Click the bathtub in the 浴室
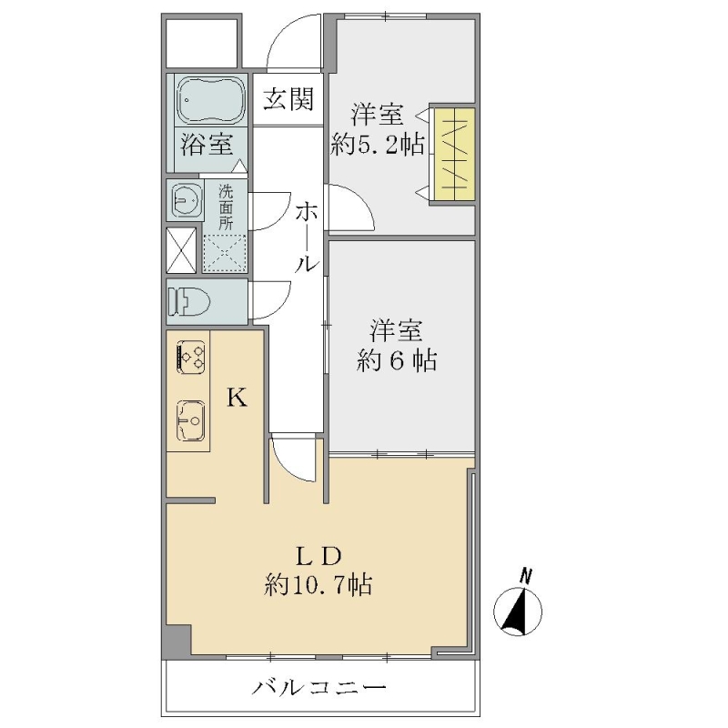coord(212,100)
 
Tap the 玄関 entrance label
coord(288,99)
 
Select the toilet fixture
coord(188,301)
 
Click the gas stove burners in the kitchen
coord(190,357)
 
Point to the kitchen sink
coord(190,420)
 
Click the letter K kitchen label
coord(237,398)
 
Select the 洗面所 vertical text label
coord(226,207)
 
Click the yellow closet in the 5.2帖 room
coord(454,155)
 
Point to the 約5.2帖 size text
coord(378,146)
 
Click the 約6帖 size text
coord(397,360)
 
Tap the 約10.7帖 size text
coord(318,585)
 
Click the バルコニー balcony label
coord(318,687)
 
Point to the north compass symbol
coord(517,611)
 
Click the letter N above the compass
coord(526,576)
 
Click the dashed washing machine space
coord(225,253)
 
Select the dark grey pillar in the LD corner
coord(177,642)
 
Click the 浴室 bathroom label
coord(207,143)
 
